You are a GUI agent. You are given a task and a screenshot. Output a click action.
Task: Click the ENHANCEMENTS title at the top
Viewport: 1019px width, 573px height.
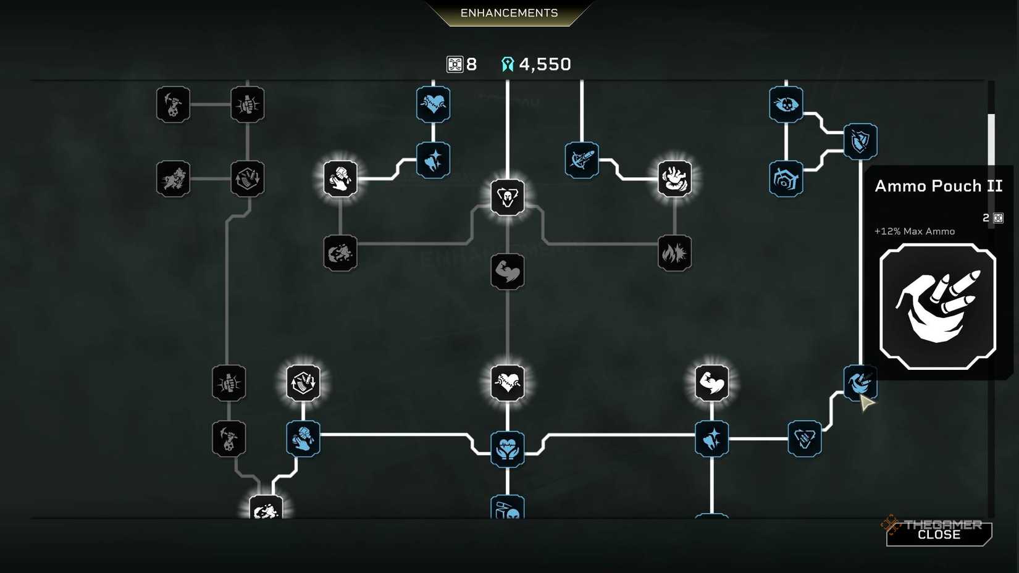(509, 13)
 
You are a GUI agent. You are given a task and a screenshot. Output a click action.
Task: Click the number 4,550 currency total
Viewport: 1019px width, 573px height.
(545, 64)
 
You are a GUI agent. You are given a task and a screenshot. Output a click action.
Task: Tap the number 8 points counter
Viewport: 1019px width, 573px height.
(471, 64)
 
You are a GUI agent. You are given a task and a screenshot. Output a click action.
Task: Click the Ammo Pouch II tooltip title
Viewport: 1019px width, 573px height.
(939, 186)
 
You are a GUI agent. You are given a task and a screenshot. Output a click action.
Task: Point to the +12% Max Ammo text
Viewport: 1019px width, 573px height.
(915, 232)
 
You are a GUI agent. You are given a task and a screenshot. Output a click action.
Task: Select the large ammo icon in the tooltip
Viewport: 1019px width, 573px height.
(937, 306)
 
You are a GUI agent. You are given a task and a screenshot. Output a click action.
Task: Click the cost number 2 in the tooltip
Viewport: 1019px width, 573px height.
(986, 219)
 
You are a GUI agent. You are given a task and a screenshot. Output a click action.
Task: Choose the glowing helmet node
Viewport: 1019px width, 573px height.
(507, 197)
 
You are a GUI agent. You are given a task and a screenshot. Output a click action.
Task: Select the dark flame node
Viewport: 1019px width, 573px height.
(674, 253)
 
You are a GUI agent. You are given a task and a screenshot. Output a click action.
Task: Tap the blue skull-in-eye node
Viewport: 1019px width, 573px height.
(786, 104)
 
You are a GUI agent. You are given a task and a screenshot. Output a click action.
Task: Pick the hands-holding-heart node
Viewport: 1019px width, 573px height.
(507, 449)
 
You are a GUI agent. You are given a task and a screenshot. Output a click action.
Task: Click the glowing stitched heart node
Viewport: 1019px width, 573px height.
(507, 383)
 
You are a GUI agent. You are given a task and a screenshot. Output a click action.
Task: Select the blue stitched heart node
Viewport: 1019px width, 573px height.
(433, 104)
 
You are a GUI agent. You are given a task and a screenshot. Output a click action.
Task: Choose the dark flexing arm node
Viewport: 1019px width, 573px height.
(507, 272)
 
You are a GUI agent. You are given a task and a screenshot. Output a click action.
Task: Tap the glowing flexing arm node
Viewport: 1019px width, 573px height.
(711, 383)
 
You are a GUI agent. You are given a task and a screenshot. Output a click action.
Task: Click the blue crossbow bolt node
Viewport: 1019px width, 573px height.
(582, 160)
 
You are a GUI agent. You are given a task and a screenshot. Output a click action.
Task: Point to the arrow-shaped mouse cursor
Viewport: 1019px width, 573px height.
(866, 403)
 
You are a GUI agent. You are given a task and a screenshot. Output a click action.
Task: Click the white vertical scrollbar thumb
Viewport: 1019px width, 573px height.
(991, 140)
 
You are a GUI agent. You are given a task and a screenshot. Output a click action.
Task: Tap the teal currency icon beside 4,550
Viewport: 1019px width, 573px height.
(508, 64)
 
